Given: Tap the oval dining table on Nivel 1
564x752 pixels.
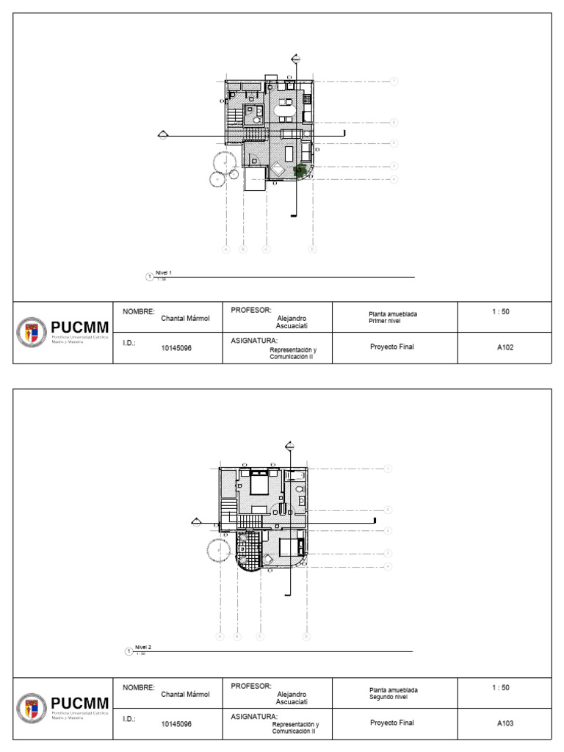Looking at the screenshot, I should pos(285,112).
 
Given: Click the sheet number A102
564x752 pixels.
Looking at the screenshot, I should pos(505,348).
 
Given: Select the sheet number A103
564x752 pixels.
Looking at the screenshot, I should pos(505,723).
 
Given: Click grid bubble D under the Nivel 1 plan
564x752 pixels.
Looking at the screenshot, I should pos(312,250).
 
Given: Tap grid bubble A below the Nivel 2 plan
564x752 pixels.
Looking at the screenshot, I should pos(220,637).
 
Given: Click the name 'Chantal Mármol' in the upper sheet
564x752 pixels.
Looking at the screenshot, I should pos(185,319).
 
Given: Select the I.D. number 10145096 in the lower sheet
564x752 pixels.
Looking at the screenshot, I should pos(176,723).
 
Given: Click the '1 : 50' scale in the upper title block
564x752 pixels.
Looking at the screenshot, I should pos(501,312).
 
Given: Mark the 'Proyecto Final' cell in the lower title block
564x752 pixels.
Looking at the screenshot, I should pos(392,723).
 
